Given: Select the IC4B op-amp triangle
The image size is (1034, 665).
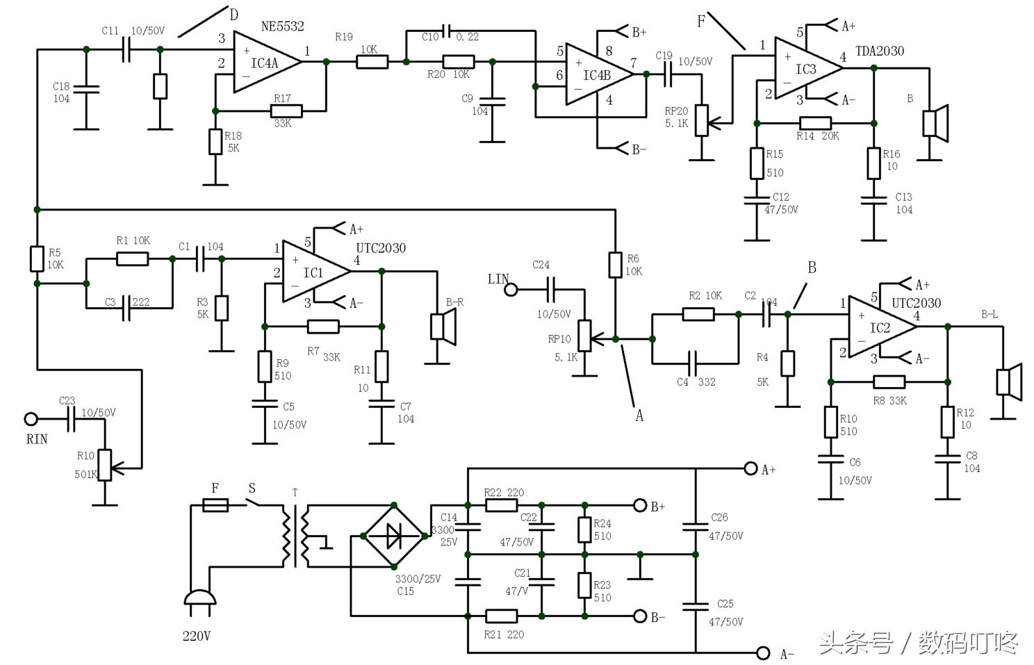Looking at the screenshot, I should [596, 74].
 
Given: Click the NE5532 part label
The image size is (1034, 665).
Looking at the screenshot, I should [282, 26].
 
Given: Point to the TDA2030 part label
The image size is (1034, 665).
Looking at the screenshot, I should [880, 51].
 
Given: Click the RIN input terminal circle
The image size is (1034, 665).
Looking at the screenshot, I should [31, 419].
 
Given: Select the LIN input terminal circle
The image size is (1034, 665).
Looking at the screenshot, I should [511, 289].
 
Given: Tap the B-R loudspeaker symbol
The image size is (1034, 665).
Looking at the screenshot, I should [443, 326].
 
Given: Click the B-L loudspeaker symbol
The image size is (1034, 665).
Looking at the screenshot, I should [1009, 382].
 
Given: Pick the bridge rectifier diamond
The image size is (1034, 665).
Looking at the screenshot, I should [394, 536].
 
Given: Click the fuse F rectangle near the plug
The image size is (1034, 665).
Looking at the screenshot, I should [215, 505].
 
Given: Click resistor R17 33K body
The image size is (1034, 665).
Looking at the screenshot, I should [286, 110].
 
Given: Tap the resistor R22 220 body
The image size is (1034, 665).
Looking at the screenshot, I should [501, 505].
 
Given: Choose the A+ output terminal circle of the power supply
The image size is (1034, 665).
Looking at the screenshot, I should [750, 468].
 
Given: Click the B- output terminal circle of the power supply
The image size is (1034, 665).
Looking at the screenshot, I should [640, 616].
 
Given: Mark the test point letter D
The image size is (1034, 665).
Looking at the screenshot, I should [233, 14].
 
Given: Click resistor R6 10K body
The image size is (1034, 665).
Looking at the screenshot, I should [615, 265].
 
